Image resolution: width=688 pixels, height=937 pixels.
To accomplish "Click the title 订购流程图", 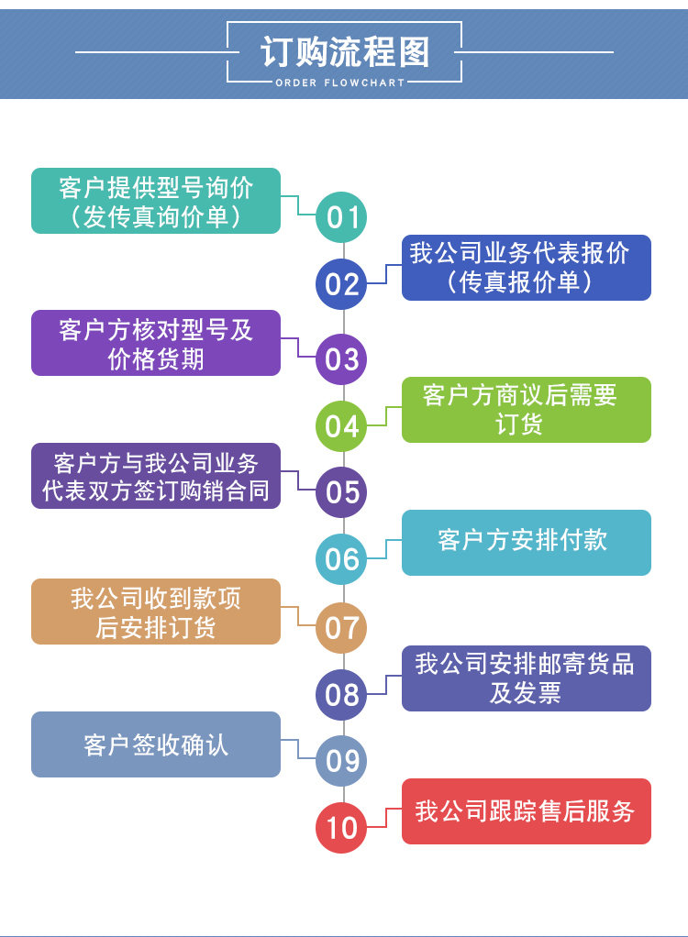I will click(x=344, y=52).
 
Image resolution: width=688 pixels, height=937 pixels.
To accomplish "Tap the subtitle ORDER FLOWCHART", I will click(x=340, y=83).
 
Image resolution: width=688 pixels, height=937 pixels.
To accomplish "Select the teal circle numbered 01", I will click(x=341, y=217).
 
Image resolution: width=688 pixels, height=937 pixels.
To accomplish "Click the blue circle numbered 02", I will click(x=341, y=284).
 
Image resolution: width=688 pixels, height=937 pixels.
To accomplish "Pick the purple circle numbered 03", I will click(x=341, y=358).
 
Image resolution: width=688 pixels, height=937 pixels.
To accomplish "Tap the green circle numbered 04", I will click(x=341, y=425).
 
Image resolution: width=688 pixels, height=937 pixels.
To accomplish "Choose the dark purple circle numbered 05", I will click(x=341, y=492).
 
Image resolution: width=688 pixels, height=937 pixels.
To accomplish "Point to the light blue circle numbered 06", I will click(x=341, y=559).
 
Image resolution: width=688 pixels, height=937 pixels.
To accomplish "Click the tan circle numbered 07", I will click(x=341, y=627).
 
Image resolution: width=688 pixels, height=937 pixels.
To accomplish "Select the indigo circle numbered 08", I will click(x=341, y=694).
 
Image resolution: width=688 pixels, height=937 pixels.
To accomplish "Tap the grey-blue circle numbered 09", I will click(x=341, y=761).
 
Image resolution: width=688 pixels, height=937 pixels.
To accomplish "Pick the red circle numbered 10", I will click(x=341, y=828).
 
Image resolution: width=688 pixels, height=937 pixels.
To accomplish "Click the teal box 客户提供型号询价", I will click(x=156, y=201).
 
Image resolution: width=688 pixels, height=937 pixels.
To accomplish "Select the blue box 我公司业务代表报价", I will click(x=526, y=268).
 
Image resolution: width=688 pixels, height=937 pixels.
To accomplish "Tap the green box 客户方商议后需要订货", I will click(x=526, y=410).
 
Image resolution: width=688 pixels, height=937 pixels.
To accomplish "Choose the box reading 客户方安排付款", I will click(x=526, y=543).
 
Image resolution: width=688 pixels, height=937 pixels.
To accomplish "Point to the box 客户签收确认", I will click(x=156, y=744).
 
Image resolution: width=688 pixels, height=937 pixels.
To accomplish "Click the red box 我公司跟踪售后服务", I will click(x=526, y=811).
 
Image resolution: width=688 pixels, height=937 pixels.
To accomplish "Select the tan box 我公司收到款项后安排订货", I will click(x=156, y=612).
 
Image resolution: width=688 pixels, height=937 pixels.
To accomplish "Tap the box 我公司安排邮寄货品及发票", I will click(x=526, y=678).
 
